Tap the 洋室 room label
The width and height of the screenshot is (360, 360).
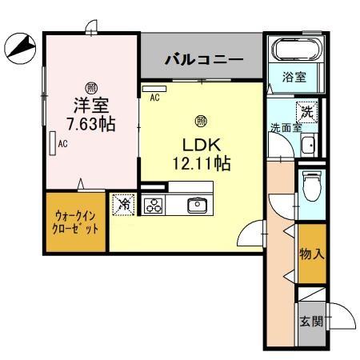click(x=91, y=105)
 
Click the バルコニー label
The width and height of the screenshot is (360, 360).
click(x=204, y=58)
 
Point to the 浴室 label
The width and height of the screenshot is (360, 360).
click(x=293, y=78)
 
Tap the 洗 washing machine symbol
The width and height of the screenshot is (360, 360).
click(x=306, y=112)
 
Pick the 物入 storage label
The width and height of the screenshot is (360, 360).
click(x=310, y=255)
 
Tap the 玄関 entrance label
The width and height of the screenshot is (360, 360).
click(x=310, y=322)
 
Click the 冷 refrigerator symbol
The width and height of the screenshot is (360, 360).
click(x=123, y=204)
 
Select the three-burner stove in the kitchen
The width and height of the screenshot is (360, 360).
click(x=154, y=206)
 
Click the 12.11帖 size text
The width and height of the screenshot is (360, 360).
click(x=202, y=164)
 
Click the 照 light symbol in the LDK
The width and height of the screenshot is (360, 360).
click(x=200, y=122)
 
